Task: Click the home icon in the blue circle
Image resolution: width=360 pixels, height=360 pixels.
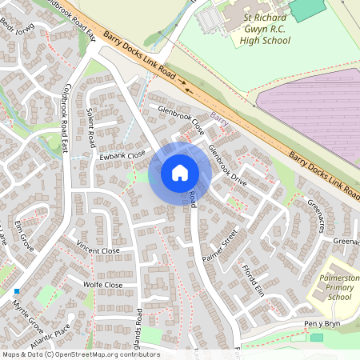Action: (x=179, y=172)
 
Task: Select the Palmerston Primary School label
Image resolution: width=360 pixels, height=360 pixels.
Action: (x=330, y=285)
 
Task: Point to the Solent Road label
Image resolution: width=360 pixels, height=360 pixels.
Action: (x=91, y=126)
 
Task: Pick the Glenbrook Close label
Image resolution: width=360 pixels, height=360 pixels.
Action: (x=182, y=119)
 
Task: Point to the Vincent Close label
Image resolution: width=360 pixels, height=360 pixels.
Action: (x=98, y=251)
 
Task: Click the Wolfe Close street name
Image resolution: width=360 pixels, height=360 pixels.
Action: (x=103, y=285)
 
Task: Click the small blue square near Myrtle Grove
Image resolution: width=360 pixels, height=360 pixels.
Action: (x=16, y=291)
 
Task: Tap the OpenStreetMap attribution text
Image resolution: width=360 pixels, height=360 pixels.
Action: (x=80, y=354)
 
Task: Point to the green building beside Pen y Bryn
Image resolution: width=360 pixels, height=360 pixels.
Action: (x=317, y=338)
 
